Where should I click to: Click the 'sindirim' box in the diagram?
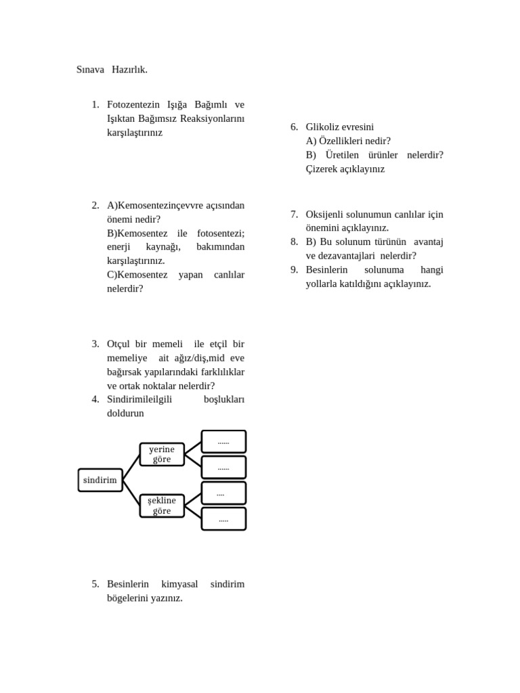coord(100,480)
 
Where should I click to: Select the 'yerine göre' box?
coord(162,454)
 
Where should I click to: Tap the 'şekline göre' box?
coord(162,506)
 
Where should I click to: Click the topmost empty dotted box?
coord(223,441)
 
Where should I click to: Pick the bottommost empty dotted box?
coord(223,519)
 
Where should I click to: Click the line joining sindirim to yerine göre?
coord(131,467)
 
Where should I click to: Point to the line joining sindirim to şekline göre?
coord(131,493)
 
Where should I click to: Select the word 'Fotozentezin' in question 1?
coord(133,105)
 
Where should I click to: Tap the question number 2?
coord(95,205)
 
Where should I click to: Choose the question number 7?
coord(294,214)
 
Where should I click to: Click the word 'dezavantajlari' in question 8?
coord(349,256)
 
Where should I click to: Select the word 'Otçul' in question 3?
coord(119,344)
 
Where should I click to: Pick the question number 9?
coord(294,269)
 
